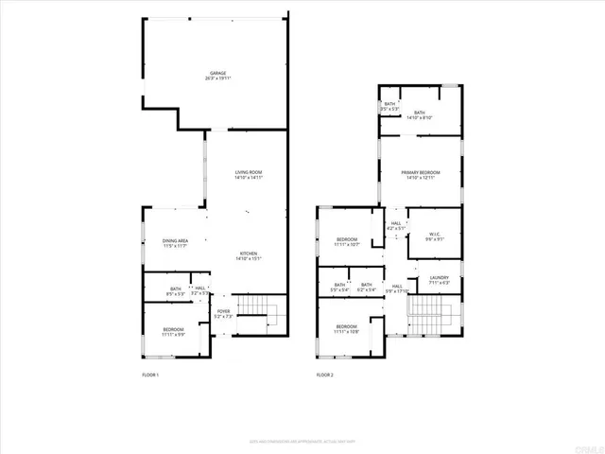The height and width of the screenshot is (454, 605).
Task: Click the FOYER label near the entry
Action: tap(223, 313)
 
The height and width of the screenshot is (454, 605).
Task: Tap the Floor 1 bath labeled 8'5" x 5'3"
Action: tap(176, 291)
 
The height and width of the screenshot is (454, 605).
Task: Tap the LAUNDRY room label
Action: tap(439, 280)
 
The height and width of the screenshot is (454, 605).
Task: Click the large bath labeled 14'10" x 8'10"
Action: tap(420, 114)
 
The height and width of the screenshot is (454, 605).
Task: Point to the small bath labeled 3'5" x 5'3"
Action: tap(389, 107)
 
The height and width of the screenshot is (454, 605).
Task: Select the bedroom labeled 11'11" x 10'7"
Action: tap(347, 242)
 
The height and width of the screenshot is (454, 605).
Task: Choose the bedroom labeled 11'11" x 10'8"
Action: tap(347, 329)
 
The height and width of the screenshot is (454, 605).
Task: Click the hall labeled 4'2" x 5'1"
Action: tap(395, 226)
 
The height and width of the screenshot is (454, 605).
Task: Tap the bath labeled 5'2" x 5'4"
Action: tap(366, 287)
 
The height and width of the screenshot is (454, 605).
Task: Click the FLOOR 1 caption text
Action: tap(150, 375)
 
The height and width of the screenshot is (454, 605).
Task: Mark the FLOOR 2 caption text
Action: tap(325, 375)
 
